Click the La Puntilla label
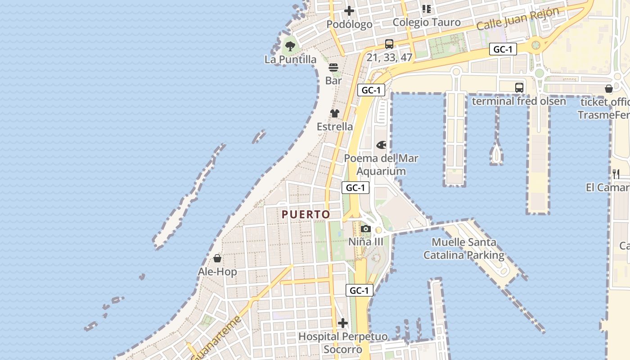coord(290,59)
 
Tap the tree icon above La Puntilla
coord(290,45)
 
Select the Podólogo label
coord(349,24)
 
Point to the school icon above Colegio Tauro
coord(427,9)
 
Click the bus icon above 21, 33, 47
coord(389,44)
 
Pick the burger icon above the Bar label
coord(333,67)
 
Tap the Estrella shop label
coord(335,126)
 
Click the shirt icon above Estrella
coord(334,113)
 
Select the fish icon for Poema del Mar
coord(381,145)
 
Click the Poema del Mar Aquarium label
coord(381,165)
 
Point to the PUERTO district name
coord(306,215)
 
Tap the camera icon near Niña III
coord(366,229)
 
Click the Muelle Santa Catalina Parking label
coord(464,248)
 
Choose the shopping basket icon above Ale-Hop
coord(217,258)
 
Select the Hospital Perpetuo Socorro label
coord(343,343)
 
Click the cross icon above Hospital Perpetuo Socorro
coord(343,323)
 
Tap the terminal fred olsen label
coord(519,101)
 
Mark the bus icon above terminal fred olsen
coord(519,88)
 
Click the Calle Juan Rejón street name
coord(517,19)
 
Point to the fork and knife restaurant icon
coord(616,174)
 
